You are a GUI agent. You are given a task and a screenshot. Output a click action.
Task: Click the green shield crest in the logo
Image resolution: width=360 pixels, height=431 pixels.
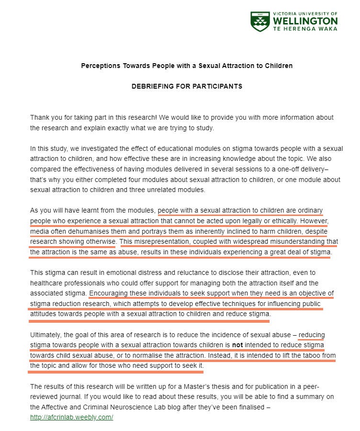(260, 22)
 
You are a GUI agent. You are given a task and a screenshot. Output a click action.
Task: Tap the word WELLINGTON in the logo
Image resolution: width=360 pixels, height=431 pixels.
(305, 21)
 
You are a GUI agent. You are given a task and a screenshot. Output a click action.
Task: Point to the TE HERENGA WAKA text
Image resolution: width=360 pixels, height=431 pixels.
(305, 29)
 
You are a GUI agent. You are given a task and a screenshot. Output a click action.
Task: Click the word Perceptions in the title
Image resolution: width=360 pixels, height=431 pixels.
(100, 66)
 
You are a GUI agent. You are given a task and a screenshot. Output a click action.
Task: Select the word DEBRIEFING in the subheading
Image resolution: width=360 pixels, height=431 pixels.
(153, 87)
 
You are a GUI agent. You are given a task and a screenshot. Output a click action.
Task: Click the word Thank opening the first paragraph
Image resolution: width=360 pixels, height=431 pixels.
(40, 117)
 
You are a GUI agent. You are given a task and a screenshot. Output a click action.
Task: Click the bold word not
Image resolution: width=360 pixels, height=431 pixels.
(238, 345)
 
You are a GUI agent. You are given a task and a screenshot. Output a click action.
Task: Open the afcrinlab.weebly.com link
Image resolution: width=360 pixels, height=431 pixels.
(71, 417)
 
